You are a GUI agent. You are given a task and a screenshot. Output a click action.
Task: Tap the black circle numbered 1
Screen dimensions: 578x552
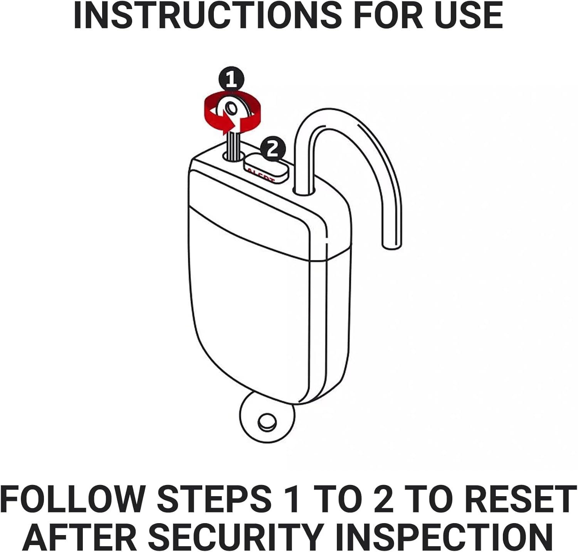(x=231, y=80)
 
